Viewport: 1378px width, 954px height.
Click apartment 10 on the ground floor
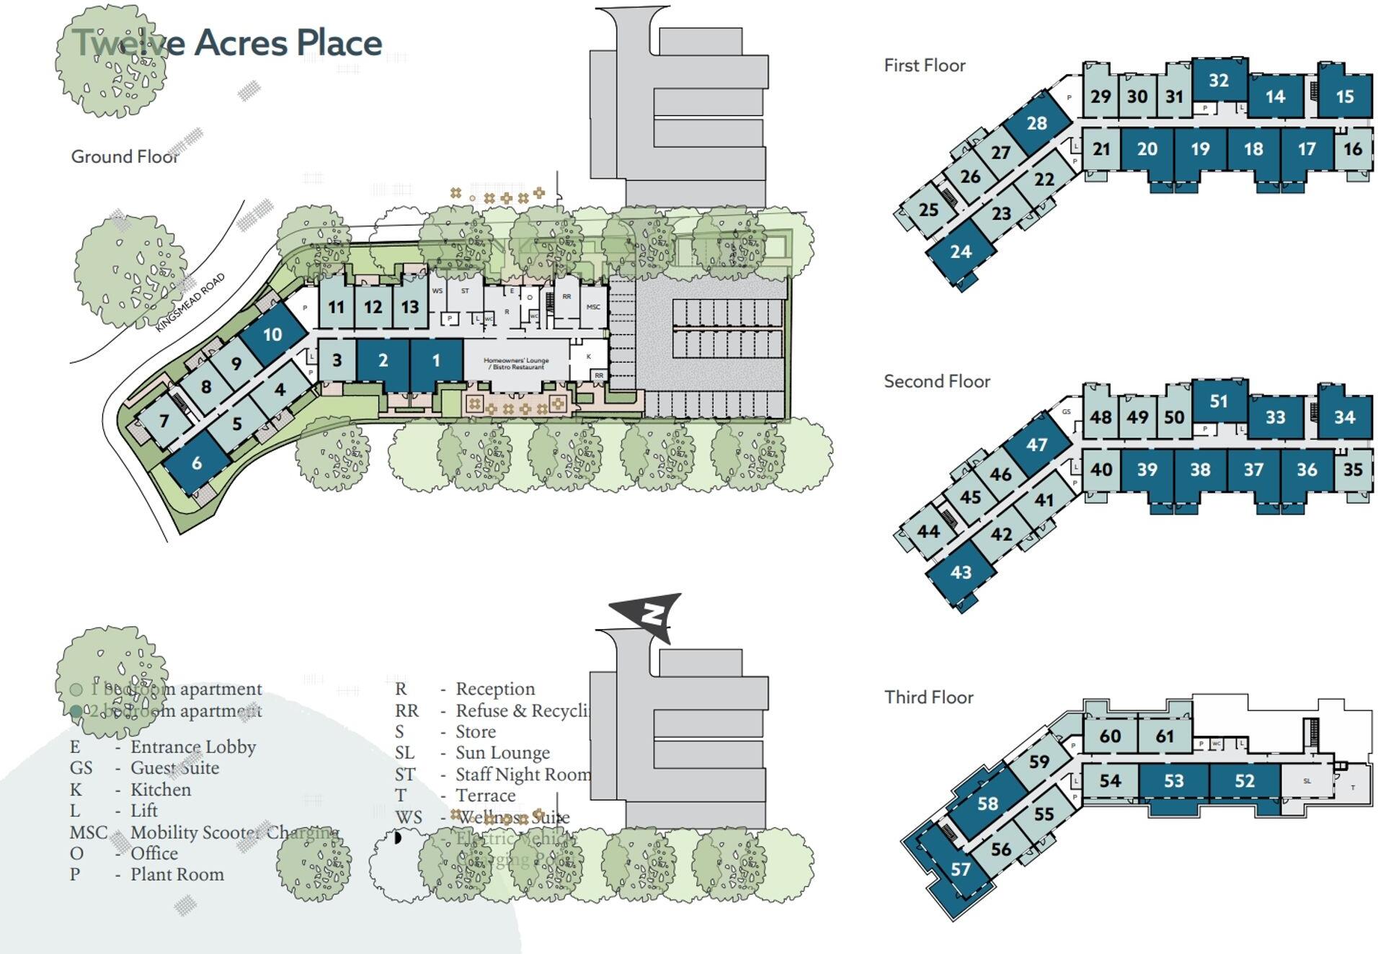(x=272, y=334)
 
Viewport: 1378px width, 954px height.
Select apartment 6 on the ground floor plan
(x=197, y=463)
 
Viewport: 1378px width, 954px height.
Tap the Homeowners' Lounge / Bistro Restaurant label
(x=516, y=364)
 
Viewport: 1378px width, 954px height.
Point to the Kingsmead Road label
(x=190, y=303)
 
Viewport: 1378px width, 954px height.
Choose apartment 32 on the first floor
(x=1218, y=80)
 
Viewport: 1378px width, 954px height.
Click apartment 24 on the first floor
(x=961, y=251)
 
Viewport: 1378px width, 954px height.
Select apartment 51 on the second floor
(x=1218, y=401)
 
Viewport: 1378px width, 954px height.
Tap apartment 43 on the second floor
(x=961, y=572)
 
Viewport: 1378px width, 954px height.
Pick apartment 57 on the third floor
(x=960, y=869)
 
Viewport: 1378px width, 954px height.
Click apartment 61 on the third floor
(x=1165, y=736)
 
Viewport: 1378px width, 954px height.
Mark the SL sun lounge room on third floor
(x=1307, y=781)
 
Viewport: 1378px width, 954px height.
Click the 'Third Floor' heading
(x=928, y=697)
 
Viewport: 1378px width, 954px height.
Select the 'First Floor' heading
(x=924, y=66)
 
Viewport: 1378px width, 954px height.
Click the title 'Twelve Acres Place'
(x=228, y=43)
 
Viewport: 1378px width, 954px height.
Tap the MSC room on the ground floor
(x=593, y=307)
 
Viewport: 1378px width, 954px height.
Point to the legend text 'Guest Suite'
(x=174, y=768)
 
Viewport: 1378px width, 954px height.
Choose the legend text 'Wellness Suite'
(x=512, y=817)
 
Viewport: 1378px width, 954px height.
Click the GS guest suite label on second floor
(x=1066, y=412)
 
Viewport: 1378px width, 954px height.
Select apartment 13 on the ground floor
(x=410, y=307)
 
